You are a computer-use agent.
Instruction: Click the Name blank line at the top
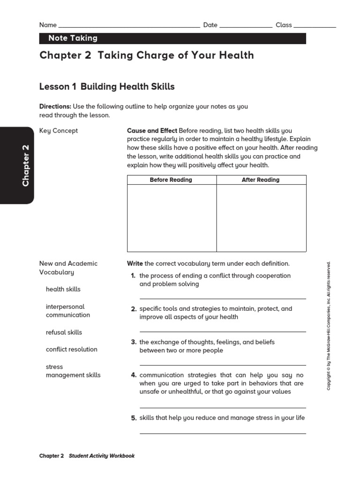pyautogui.click(x=129, y=26)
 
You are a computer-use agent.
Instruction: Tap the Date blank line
pyautogui.click(x=246, y=26)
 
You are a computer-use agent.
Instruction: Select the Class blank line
pyautogui.click(x=315, y=26)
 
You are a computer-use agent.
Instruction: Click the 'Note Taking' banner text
pyautogui.click(x=73, y=38)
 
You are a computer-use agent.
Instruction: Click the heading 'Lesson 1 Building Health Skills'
pyautogui.click(x=107, y=87)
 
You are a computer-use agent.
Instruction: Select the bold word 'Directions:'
pyautogui.click(x=55, y=106)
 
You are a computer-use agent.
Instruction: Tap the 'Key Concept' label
pyautogui.click(x=59, y=131)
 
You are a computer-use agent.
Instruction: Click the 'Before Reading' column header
pyautogui.click(x=171, y=180)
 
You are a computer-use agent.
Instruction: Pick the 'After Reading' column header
pyautogui.click(x=261, y=180)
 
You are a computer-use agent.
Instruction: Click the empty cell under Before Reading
pyautogui.click(x=172, y=218)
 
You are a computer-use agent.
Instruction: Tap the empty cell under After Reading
pyautogui.click(x=261, y=218)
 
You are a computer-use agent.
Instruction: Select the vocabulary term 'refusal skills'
pyautogui.click(x=64, y=332)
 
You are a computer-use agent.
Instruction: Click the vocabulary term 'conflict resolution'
pyautogui.click(x=72, y=349)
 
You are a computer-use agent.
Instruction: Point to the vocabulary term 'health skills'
pyautogui.click(x=63, y=289)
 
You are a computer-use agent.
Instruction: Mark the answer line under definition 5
pyautogui.click(x=223, y=433)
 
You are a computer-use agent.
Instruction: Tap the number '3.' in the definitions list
pyautogui.click(x=134, y=342)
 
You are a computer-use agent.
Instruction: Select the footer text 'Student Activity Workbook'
pyautogui.click(x=102, y=456)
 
